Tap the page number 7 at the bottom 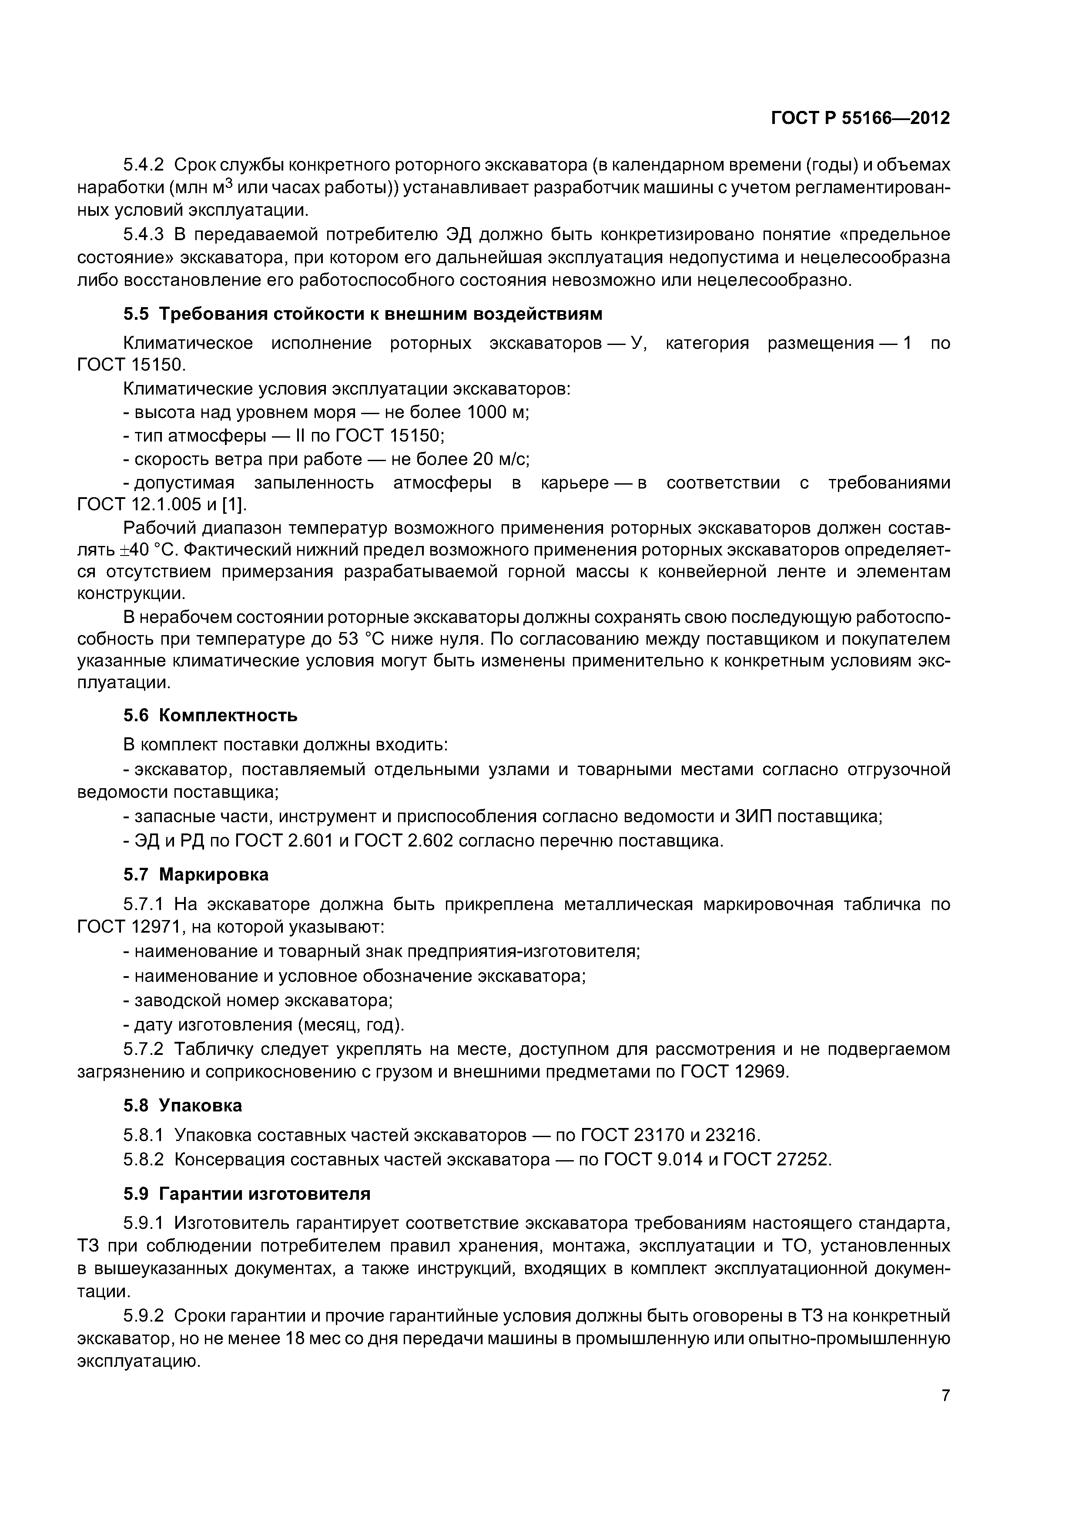click(x=945, y=1395)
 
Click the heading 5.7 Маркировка click(x=195, y=874)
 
